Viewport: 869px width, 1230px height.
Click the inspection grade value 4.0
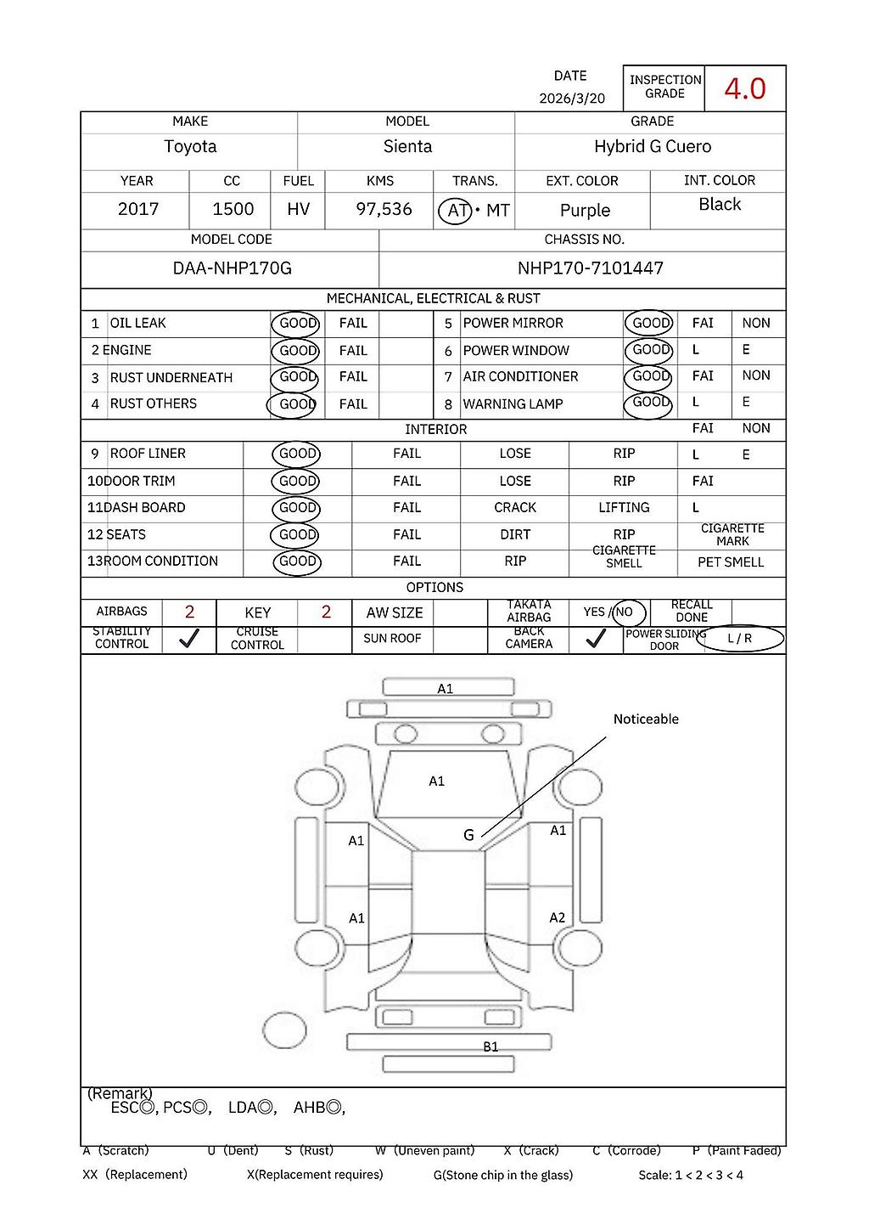pyautogui.click(x=744, y=88)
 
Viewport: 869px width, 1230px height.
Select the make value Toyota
pyautogui.click(x=190, y=147)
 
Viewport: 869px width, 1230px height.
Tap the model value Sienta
pyautogui.click(x=407, y=147)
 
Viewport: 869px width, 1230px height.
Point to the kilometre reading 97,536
pyautogui.click(x=384, y=209)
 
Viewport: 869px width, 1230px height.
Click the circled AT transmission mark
pyautogui.click(x=456, y=210)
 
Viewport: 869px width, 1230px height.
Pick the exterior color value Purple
pyautogui.click(x=585, y=211)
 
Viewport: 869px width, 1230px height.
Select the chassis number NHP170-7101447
pyautogui.click(x=590, y=268)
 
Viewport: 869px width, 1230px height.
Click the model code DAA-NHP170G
pyautogui.click(x=232, y=268)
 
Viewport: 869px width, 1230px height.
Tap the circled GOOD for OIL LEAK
pyautogui.click(x=297, y=324)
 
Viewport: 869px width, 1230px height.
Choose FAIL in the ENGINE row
pyautogui.click(x=353, y=351)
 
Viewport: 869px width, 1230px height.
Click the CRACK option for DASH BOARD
pyautogui.click(x=515, y=508)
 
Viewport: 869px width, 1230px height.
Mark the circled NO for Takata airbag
pyautogui.click(x=625, y=612)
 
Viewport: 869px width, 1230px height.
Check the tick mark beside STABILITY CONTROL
pyautogui.click(x=189, y=639)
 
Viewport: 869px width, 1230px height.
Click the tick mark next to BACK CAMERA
pyautogui.click(x=596, y=639)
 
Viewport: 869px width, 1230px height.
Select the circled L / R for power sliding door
pyautogui.click(x=739, y=639)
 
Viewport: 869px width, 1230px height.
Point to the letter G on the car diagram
pyautogui.click(x=468, y=836)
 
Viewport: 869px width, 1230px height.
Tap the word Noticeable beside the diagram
pyautogui.click(x=646, y=719)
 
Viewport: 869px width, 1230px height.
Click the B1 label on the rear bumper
pyautogui.click(x=491, y=1047)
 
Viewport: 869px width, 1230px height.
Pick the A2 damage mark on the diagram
pyautogui.click(x=557, y=918)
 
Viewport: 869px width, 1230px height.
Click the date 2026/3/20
pyautogui.click(x=572, y=99)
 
